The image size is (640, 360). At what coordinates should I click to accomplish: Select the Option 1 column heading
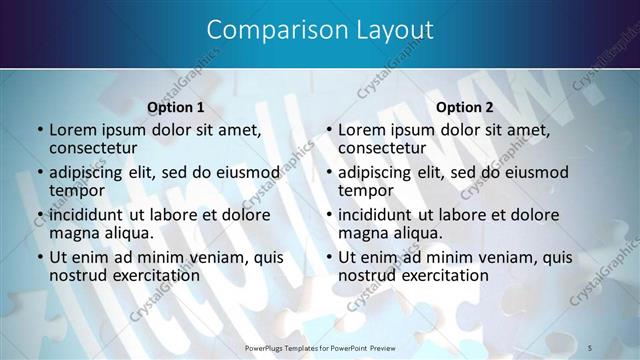176,107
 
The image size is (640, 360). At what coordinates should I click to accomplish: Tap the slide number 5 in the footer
590,346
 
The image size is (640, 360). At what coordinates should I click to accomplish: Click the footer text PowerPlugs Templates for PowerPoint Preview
320,346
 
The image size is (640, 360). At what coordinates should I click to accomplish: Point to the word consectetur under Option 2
381,148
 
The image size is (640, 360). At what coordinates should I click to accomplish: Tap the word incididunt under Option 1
86,214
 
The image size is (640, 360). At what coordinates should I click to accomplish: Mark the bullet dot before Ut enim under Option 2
329,257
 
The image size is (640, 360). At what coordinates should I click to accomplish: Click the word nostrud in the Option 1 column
79,275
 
